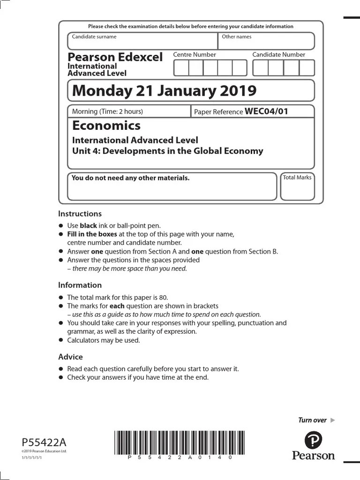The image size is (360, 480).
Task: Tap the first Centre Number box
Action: click(181, 68)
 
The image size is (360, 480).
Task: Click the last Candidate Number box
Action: click(307, 68)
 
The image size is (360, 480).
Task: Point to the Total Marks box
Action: click(297, 186)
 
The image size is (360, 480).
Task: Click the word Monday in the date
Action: click(97, 90)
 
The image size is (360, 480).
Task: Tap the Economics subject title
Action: click(106, 126)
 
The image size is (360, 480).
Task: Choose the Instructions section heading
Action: click(80, 214)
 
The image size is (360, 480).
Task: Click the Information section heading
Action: click(80, 285)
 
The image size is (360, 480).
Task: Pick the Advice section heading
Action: click(70, 357)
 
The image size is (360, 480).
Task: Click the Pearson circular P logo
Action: click(313, 441)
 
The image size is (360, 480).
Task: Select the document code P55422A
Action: click(44, 442)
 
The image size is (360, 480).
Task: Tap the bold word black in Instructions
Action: click(89, 225)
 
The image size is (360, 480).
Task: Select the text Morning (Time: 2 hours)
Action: click(107, 112)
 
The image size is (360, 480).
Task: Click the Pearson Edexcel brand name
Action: click(115, 57)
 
